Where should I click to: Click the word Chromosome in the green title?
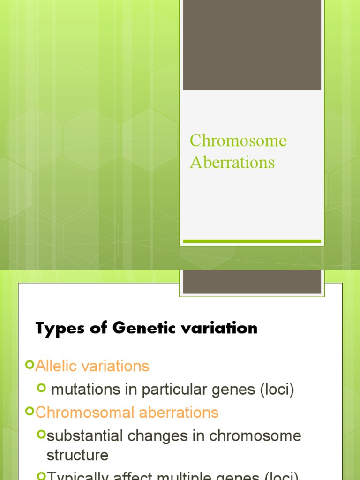[238, 141]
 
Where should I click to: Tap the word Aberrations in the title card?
[232, 163]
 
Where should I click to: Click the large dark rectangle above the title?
[252, 45]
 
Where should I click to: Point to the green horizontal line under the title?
[252, 241]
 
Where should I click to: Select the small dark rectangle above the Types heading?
[252, 282]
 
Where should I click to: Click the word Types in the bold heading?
[58, 328]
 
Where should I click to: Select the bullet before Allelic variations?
[30, 365]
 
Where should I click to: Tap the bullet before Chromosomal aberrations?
[30, 412]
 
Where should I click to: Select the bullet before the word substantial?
[42, 435]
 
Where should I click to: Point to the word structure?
[77, 455]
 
